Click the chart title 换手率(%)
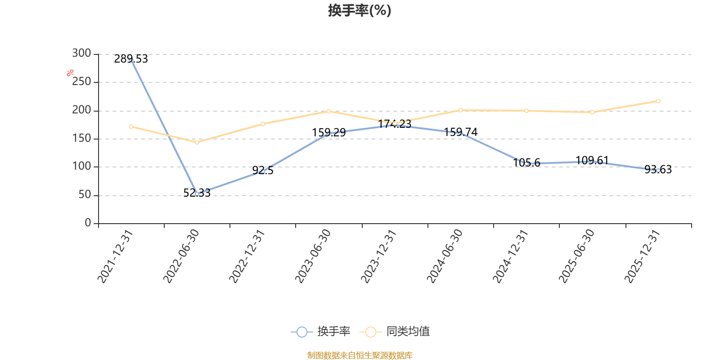[360, 11]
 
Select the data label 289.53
[131, 59]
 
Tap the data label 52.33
[197, 193]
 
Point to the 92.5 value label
[263, 171]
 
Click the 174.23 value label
[394, 124]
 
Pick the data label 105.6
[526, 162]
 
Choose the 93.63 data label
[658, 169]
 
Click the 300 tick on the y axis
[81, 53]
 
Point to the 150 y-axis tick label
[81, 138]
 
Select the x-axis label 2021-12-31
[115, 256]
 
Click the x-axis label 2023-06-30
[313, 256]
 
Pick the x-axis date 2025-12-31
[642, 256]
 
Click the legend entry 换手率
[320, 331]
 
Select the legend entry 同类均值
[395, 331]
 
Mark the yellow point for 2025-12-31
[658, 101]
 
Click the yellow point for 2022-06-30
[197, 142]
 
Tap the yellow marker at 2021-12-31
[131, 126]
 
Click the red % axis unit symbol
[70, 73]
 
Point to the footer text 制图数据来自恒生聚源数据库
[360, 355]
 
